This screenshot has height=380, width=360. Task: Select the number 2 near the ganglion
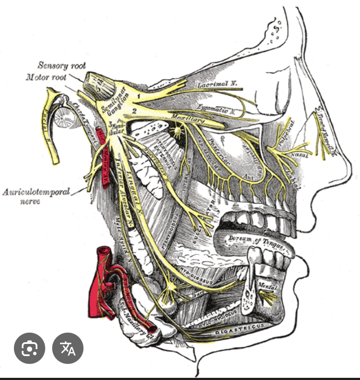pos(134,111)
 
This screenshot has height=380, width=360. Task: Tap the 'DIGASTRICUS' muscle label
pos(234,332)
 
